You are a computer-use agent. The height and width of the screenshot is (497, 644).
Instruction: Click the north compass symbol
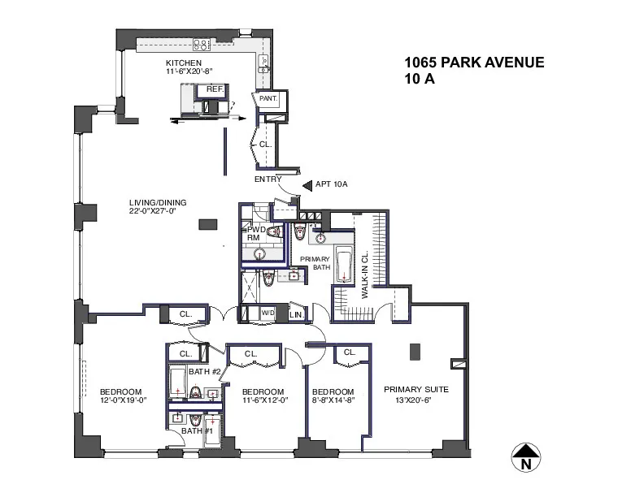(x=527, y=457)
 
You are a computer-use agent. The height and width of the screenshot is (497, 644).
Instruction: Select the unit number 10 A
(x=419, y=80)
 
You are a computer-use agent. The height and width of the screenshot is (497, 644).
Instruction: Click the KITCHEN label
(x=183, y=63)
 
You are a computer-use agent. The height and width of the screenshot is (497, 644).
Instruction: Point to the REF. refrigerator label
(x=215, y=89)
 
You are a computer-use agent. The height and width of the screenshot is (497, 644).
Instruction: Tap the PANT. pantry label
(x=268, y=98)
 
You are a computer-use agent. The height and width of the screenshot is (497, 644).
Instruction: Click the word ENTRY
(x=268, y=179)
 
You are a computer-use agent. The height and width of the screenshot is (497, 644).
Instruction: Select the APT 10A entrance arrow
(x=307, y=185)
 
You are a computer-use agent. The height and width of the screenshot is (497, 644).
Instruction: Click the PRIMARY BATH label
(x=315, y=264)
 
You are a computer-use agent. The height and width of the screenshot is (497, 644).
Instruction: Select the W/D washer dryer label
(x=268, y=313)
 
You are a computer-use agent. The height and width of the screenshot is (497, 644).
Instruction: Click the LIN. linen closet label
(x=296, y=314)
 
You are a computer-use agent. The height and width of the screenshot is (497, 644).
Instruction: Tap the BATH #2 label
(x=206, y=372)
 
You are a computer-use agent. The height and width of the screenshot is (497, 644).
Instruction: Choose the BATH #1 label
(x=192, y=430)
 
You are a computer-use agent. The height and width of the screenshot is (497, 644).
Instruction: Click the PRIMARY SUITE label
(x=416, y=390)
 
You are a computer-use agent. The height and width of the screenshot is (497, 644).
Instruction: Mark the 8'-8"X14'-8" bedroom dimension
(x=333, y=400)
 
